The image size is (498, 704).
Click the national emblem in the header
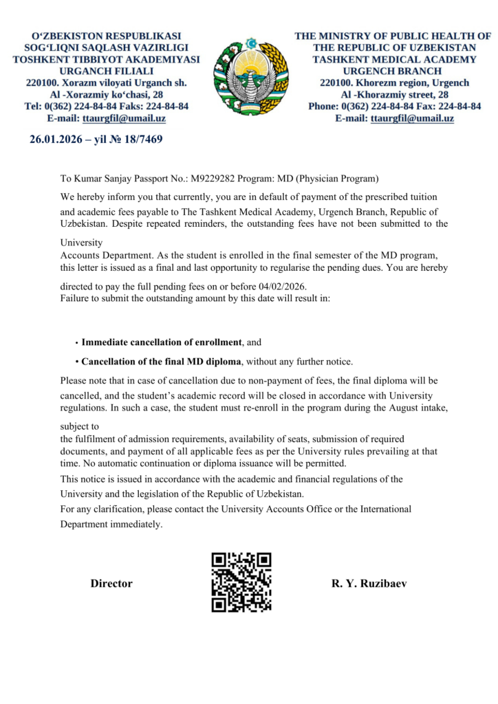[x=248, y=76]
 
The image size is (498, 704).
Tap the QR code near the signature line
[x=241, y=582]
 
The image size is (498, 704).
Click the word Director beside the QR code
[x=111, y=584]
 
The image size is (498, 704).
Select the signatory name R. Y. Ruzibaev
[x=369, y=584]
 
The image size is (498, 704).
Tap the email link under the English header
[x=412, y=118]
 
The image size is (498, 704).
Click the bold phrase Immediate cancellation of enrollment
[x=162, y=342]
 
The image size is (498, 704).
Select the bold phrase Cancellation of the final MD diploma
[x=162, y=362]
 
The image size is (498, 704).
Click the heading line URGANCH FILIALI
[x=107, y=71]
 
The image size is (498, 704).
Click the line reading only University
[x=80, y=243]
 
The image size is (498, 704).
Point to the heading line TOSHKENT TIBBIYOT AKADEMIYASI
[x=107, y=59]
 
